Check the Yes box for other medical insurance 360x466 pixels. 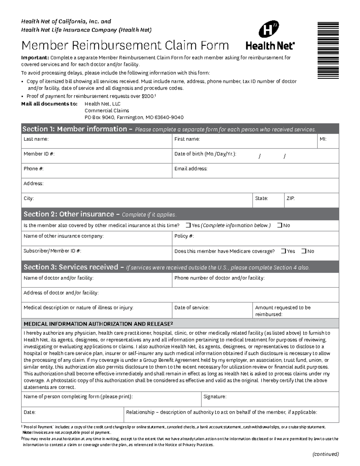click(188, 225)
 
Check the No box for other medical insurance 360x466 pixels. click(280, 225)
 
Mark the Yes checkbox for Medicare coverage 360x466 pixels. click(283, 251)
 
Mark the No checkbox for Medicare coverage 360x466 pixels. click(304, 251)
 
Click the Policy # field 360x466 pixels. click(255, 239)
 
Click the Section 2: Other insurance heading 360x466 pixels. click(69, 214)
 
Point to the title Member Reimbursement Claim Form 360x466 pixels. click(125, 45)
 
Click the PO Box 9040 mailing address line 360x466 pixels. click(134, 118)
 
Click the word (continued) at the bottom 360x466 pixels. click(325, 454)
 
